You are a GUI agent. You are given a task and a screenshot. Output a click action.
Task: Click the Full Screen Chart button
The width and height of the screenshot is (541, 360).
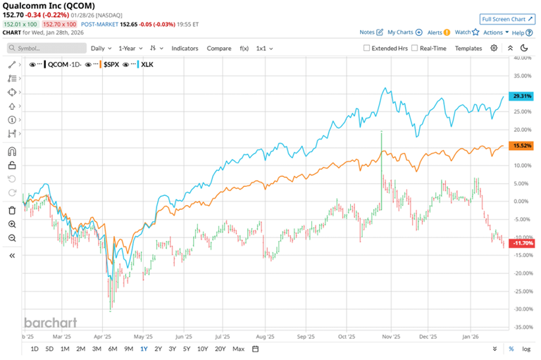click(506, 19)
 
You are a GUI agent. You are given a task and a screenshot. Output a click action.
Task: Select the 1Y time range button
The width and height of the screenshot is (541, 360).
click(144, 349)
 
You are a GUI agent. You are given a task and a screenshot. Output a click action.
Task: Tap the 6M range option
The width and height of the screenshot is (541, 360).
click(113, 349)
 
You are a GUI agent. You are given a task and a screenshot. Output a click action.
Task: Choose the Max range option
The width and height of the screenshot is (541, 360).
click(238, 349)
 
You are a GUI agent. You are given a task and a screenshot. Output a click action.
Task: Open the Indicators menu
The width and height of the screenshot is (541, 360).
click(184, 48)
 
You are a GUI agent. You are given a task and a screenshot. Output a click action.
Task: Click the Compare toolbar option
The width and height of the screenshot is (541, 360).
click(219, 48)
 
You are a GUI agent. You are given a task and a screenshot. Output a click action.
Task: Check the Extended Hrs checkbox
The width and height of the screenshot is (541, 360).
click(366, 48)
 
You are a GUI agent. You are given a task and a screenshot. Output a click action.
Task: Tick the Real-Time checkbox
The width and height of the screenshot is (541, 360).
click(415, 48)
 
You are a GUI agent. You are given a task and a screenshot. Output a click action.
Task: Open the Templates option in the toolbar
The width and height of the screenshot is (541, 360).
click(468, 48)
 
